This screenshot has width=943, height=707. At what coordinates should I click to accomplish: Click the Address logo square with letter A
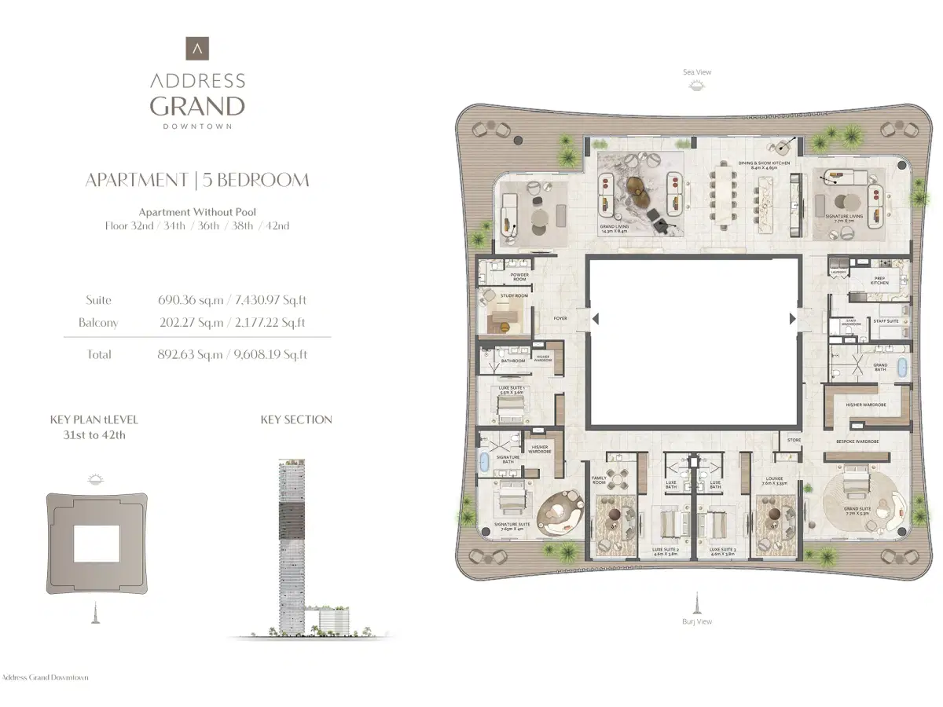tap(197, 49)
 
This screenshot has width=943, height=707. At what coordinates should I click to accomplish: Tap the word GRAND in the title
tap(197, 106)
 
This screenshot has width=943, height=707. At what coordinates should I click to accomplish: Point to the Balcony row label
tap(98, 323)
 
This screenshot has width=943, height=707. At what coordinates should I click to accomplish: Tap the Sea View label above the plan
tap(696, 72)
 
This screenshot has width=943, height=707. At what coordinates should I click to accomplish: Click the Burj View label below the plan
tap(697, 621)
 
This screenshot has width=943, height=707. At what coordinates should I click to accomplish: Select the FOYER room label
tap(560, 318)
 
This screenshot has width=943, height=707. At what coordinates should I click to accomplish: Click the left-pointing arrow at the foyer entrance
tap(596, 318)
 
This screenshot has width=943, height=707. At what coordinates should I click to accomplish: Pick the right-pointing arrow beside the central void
tap(791, 318)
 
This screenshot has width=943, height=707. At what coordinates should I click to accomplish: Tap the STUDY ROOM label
tap(514, 296)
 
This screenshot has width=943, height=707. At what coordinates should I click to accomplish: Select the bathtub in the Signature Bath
tap(484, 461)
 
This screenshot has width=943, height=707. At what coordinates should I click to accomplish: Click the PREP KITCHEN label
tap(880, 280)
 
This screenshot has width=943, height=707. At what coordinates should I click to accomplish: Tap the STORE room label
tap(794, 440)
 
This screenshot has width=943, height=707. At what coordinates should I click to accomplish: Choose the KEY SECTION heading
tap(296, 419)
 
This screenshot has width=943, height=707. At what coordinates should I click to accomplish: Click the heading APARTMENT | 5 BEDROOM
tap(197, 180)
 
